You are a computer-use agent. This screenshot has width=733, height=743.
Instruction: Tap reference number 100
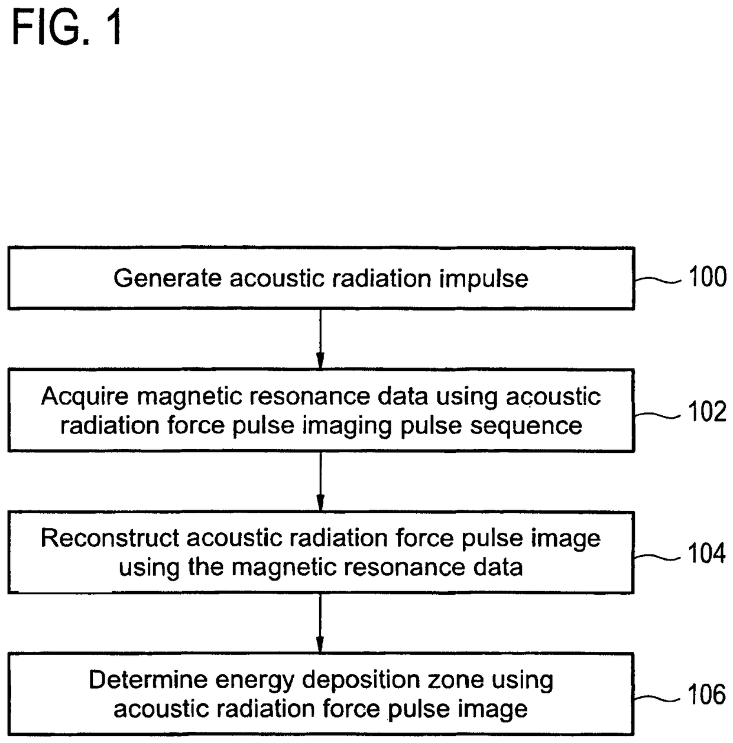[x=707, y=277]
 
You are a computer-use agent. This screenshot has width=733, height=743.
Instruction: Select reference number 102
[x=707, y=411]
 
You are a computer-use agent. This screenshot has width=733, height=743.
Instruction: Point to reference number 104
[x=707, y=553]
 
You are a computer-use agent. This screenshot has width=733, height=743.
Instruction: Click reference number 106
[x=707, y=695]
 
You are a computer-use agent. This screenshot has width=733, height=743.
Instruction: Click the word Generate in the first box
[x=168, y=278]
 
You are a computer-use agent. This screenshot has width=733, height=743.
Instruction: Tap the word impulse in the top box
[x=484, y=279]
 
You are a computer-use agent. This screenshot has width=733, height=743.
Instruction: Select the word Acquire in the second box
[x=85, y=397]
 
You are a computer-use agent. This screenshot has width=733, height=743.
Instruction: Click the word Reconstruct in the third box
[x=110, y=538]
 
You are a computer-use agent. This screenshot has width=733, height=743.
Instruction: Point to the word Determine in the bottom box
[x=148, y=679]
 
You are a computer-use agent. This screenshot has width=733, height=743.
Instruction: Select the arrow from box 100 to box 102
[x=320, y=339]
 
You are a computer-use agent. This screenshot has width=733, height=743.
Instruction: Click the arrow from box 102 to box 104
[x=320, y=481]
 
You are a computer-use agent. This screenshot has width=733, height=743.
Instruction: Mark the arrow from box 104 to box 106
[x=320, y=623]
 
